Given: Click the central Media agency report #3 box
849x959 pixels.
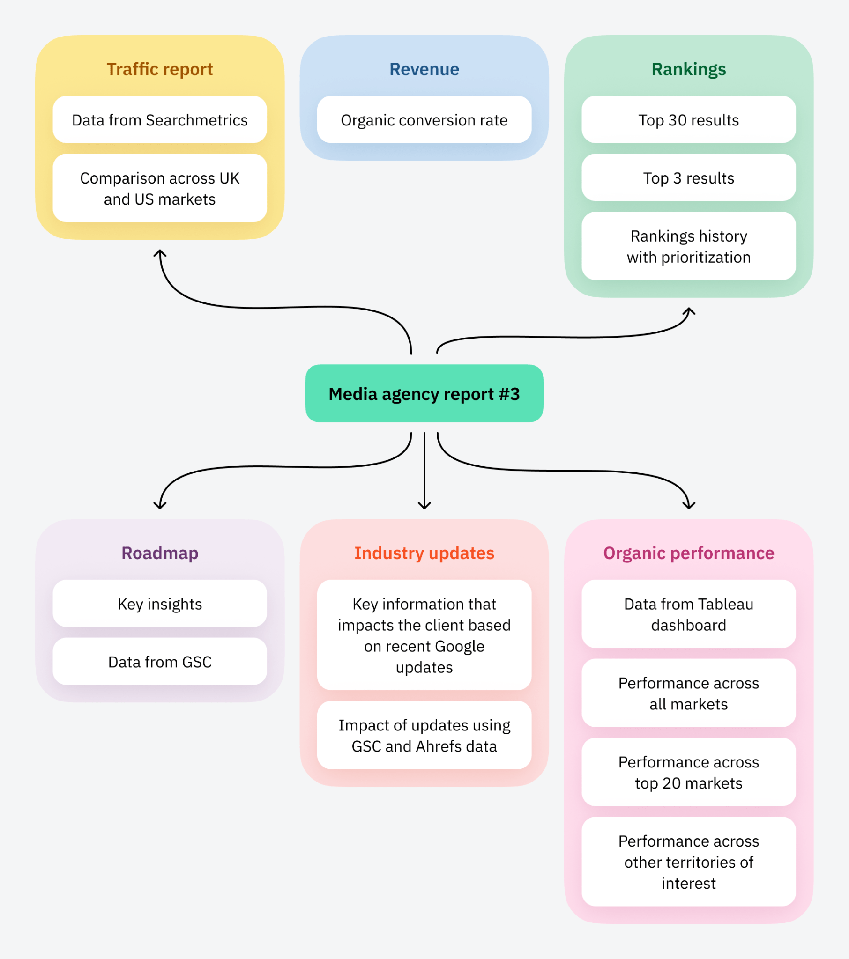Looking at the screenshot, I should (x=424, y=394).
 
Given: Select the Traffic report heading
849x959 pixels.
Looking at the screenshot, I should (x=160, y=69).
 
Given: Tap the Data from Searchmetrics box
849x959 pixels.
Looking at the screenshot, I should (x=160, y=120).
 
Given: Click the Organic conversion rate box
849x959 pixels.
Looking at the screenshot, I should (x=424, y=120).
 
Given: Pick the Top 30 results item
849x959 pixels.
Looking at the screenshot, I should (x=688, y=120).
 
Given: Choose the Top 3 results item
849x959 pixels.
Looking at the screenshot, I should (x=688, y=178).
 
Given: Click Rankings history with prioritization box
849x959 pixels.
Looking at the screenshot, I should (x=688, y=246).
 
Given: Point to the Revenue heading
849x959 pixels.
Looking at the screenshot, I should (x=424, y=69).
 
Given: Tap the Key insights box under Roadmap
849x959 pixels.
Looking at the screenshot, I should (x=160, y=604).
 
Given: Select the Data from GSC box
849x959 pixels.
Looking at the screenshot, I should (x=160, y=662).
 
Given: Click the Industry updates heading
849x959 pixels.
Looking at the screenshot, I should (x=424, y=553).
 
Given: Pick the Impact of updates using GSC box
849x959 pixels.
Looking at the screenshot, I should (x=424, y=735).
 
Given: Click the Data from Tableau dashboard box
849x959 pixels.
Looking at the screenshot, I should (x=688, y=614).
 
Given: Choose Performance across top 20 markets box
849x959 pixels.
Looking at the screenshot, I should (x=688, y=772).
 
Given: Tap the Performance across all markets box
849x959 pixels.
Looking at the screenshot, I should (x=688, y=693).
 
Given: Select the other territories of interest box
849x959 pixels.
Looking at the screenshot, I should (x=688, y=862).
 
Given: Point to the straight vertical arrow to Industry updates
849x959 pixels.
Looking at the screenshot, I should (x=424, y=469).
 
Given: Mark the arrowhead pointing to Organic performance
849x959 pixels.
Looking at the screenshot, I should (x=689, y=506).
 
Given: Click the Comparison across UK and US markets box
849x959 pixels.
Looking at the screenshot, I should (x=160, y=188).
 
